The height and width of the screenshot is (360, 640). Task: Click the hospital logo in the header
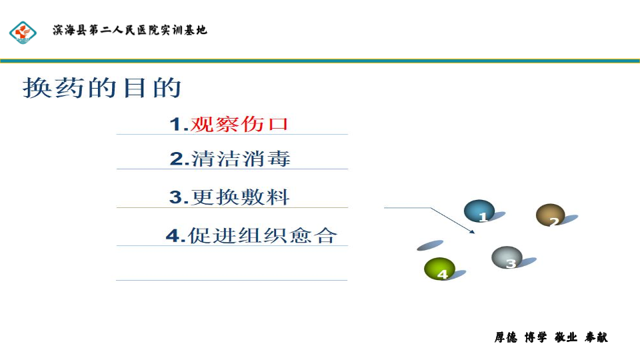click(x=23, y=32)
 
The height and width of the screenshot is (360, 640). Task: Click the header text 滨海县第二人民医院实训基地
click(x=130, y=30)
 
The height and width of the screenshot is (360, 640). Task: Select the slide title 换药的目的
click(x=102, y=87)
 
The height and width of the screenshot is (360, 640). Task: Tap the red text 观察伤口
click(x=239, y=124)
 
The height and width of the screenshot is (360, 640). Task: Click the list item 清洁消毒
click(x=241, y=159)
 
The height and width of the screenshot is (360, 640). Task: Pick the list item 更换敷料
click(x=241, y=197)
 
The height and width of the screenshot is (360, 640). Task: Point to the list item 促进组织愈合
click(x=263, y=235)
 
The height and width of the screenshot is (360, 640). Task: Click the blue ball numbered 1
click(x=479, y=211)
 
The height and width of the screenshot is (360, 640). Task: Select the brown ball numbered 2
click(x=550, y=215)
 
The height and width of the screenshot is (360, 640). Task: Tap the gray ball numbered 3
click(x=507, y=257)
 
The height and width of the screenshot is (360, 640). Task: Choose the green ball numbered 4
click(x=439, y=269)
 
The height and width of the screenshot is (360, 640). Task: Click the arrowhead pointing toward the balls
click(x=472, y=232)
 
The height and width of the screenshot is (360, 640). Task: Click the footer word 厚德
click(x=506, y=337)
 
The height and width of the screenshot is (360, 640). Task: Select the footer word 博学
click(x=536, y=337)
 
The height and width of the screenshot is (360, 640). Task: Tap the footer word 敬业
click(x=566, y=337)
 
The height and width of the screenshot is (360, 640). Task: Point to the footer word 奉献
click(x=596, y=337)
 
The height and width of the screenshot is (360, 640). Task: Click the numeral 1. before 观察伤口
click(x=179, y=125)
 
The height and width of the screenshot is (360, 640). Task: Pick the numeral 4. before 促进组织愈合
click(x=176, y=236)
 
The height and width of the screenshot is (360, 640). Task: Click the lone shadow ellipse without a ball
click(x=430, y=245)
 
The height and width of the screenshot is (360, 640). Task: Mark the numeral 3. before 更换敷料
click(x=179, y=197)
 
